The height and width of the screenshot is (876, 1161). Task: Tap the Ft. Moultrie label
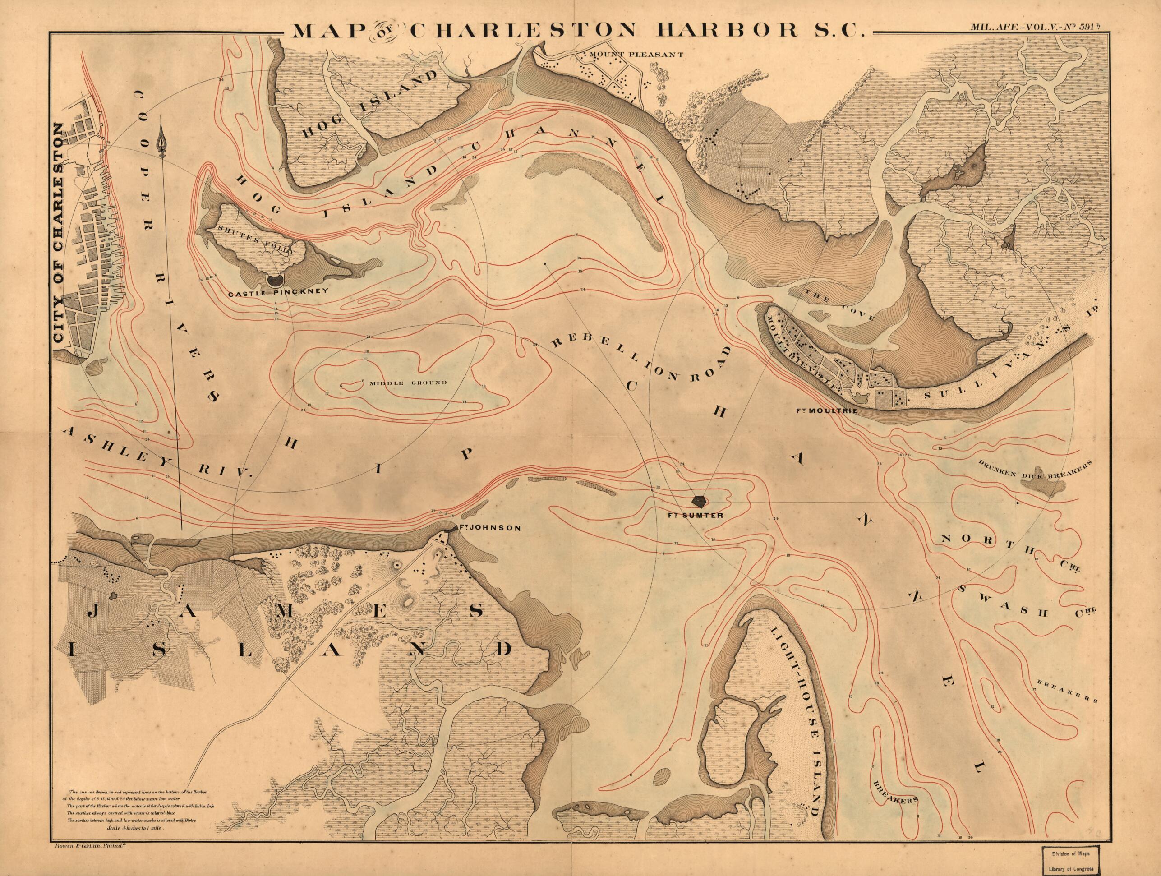(826, 410)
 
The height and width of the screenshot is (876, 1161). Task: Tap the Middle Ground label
(408, 383)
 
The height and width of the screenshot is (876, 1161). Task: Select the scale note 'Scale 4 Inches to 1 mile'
(135, 829)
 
